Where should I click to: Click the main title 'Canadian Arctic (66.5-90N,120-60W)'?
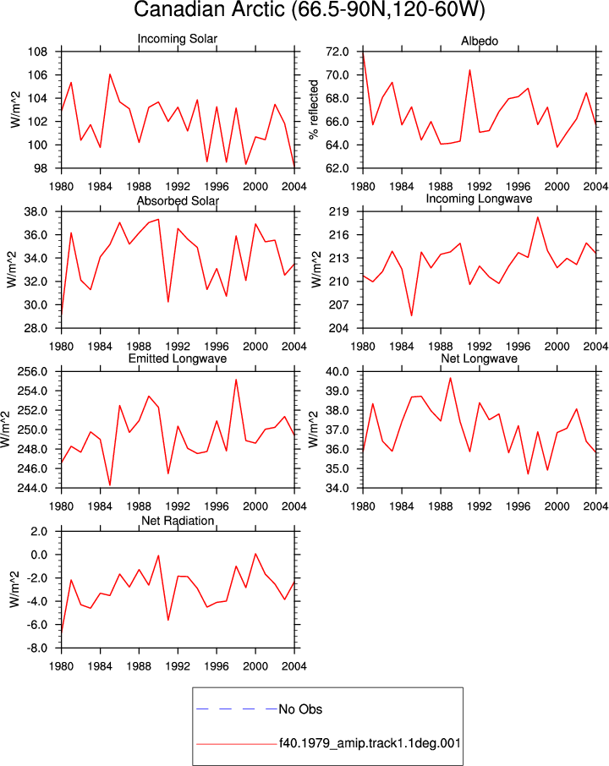pos(309,10)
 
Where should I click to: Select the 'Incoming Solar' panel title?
pos(178,39)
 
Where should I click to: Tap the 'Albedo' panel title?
pos(480,41)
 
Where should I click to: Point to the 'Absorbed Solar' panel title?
pos(178,200)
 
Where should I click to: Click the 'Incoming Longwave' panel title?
pos(479,199)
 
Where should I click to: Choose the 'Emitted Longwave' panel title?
pos(178,358)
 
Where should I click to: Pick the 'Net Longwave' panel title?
pos(479,358)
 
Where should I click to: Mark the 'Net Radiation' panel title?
pos(178,521)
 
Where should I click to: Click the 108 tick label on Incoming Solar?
pos(37,52)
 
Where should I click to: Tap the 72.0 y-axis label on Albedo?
pos(337,52)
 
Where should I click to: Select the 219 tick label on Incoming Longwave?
pos(339,212)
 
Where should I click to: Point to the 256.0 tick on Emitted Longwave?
pos(32,372)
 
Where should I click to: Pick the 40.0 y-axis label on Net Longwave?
pos(337,372)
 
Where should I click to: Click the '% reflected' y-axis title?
pos(313,109)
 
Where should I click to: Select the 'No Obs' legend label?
pos(300,709)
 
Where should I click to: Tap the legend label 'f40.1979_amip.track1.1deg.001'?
pos(370,743)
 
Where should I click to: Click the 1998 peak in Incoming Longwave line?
pos(538,217)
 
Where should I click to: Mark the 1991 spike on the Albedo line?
pos(469,70)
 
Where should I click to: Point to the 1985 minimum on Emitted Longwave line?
pos(110,485)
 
